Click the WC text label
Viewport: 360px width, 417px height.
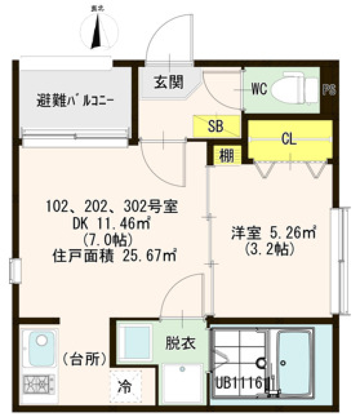tap(259, 90)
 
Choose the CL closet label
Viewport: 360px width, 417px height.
tap(289, 139)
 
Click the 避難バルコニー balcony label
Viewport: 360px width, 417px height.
tap(75, 101)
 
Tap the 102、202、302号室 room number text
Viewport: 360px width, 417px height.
tap(112, 207)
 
